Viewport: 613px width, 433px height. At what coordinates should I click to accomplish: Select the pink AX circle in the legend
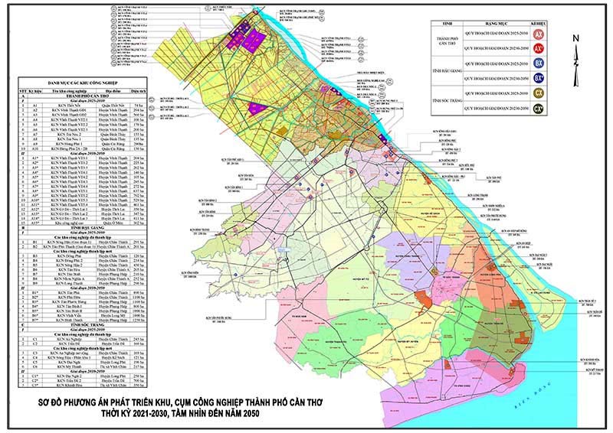(x=539, y=35)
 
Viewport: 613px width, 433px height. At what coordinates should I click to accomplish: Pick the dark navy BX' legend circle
(x=539, y=77)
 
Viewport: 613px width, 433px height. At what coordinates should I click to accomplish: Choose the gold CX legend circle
(x=539, y=92)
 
